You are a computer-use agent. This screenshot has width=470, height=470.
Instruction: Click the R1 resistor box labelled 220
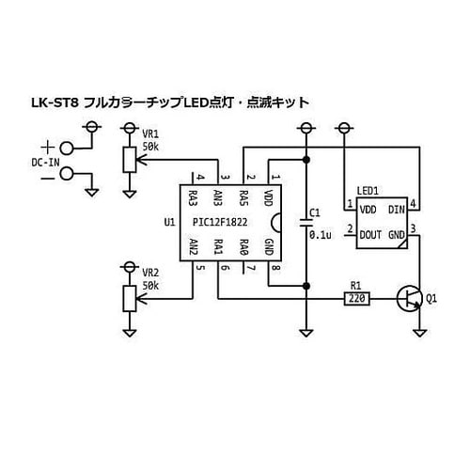tap(356, 299)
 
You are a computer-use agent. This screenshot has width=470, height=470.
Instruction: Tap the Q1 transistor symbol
tap(410, 299)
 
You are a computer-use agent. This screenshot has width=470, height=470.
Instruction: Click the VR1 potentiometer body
tap(130, 161)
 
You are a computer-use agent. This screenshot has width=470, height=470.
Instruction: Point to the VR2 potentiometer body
tap(130, 298)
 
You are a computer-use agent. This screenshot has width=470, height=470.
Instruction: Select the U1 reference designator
tap(169, 223)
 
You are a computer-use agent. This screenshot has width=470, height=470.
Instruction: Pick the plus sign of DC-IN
tap(47, 147)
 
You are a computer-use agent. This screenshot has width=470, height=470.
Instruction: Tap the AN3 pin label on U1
tap(218, 198)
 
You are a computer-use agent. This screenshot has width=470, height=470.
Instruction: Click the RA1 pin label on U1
tap(218, 247)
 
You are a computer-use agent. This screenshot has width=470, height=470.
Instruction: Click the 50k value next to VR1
tap(150, 148)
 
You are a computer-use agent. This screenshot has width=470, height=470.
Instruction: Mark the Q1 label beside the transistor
tap(431, 300)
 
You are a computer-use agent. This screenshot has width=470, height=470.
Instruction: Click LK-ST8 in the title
tap(53, 102)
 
